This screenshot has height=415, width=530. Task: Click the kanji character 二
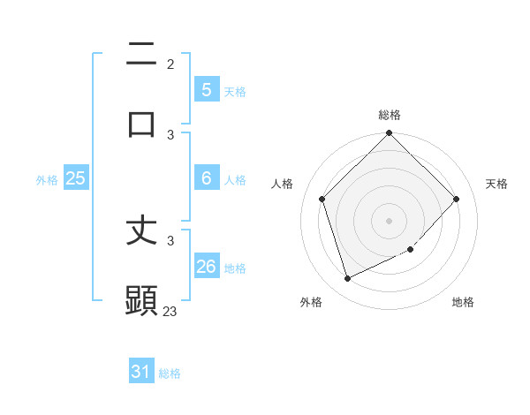tap(142, 56)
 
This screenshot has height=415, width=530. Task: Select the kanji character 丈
tap(142, 231)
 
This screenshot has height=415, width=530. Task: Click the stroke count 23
tap(170, 311)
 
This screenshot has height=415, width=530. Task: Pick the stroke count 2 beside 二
tap(170, 64)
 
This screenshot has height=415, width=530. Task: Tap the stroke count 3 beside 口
tap(170, 134)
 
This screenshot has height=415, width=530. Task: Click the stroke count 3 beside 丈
tap(170, 240)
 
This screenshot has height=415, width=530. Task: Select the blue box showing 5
tap(206, 89)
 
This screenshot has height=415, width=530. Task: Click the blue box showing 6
tap(206, 178)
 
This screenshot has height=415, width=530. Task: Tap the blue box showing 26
tap(206, 266)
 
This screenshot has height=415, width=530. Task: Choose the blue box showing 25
tap(76, 178)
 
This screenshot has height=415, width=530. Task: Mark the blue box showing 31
tap(141, 372)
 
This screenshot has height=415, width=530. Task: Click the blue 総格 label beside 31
tap(170, 373)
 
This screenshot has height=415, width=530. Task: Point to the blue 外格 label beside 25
tap(47, 180)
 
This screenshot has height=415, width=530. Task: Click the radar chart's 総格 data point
tap(389, 134)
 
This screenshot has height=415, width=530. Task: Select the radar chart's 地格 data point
tap(410, 250)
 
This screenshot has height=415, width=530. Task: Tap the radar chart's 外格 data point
tap(347, 279)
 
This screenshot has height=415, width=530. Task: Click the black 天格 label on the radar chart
tap(496, 184)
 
